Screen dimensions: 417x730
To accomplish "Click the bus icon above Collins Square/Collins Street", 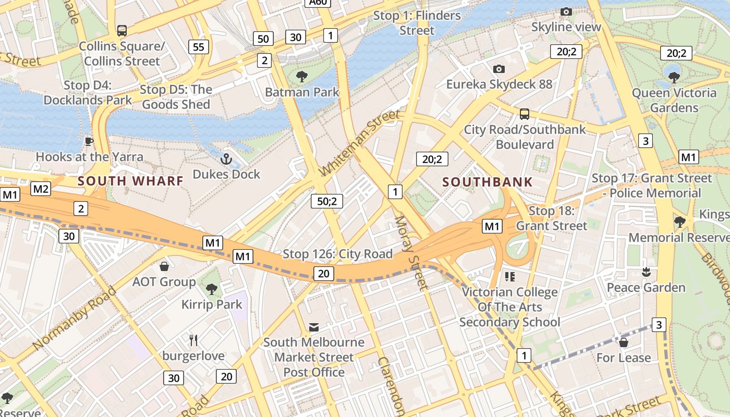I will tap(121, 31).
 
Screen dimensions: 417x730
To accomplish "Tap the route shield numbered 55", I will tap(199, 47).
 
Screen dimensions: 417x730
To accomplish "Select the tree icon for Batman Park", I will tap(301, 77).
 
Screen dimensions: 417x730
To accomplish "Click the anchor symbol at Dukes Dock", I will tap(226, 159).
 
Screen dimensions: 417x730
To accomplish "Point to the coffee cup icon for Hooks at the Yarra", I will tap(89, 141).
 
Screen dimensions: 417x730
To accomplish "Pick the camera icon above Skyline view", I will tap(566, 11).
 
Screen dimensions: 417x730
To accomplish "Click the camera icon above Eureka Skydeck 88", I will tap(498, 69).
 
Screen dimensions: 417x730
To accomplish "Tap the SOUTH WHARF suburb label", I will tap(130, 181).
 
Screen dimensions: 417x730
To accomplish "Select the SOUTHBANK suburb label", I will tap(488, 182).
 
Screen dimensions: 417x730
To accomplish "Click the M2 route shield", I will tap(41, 189).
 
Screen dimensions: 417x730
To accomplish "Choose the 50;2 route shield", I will tap(327, 201).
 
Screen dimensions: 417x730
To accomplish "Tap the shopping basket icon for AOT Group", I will tap(164, 267).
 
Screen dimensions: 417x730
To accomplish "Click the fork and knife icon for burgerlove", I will tap(193, 340).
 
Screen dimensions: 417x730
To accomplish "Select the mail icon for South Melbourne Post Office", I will tap(313, 327).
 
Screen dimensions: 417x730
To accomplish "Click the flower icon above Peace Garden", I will tap(646, 272).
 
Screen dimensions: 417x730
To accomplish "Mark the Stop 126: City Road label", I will tap(337, 254).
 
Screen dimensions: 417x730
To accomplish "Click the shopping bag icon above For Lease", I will tap(623, 342).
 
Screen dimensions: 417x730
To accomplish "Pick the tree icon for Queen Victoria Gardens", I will tap(674, 78).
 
